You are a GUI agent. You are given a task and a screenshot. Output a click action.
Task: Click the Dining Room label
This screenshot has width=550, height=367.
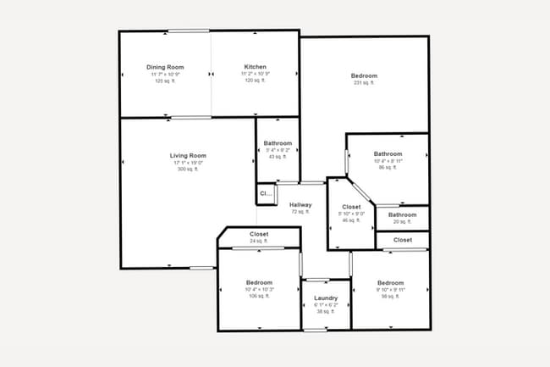pyautogui.click(x=165, y=67)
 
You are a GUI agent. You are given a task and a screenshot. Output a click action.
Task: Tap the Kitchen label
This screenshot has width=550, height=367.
pyautogui.click(x=256, y=67)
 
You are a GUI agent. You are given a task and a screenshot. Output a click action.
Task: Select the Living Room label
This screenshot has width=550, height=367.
pyautogui.click(x=187, y=156)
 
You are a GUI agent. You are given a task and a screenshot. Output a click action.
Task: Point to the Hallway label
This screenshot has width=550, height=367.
pyautogui.click(x=300, y=205)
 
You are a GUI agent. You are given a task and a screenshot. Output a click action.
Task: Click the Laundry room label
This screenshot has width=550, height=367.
pyautogui.click(x=326, y=298)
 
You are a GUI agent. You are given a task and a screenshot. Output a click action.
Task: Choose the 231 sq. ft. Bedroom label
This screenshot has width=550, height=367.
pyautogui.click(x=364, y=75)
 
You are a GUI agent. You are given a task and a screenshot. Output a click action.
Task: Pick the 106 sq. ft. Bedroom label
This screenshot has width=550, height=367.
pyautogui.click(x=259, y=282)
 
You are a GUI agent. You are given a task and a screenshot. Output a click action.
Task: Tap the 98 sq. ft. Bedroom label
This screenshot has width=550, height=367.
pyautogui.click(x=391, y=282)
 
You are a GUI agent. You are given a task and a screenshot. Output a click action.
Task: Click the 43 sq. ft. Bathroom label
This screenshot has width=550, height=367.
pyautogui.click(x=278, y=143)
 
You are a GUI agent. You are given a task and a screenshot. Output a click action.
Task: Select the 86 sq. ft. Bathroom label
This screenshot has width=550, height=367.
pyautogui.click(x=388, y=154)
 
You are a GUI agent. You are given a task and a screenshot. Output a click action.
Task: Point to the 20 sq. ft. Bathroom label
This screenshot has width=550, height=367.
pyautogui.click(x=403, y=214)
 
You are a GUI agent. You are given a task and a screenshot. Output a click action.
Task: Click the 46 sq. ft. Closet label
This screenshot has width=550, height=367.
pyautogui.click(x=351, y=207)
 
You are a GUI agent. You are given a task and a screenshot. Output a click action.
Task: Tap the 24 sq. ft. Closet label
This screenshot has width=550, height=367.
pyautogui.click(x=259, y=234)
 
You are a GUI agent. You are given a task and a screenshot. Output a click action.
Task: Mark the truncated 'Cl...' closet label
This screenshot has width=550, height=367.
pyautogui.click(x=266, y=194)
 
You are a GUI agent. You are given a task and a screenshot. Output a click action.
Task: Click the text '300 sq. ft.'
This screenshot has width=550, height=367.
pyautogui.click(x=187, y=170)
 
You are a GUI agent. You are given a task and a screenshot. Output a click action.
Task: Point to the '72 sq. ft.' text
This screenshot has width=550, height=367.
pyautogui.click(x=300, y=212)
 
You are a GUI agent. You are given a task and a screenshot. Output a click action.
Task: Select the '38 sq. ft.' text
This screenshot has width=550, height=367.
pyautogui.click(x=326, y=312)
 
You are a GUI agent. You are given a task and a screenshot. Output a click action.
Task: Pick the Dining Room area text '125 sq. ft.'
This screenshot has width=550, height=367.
pyautogui.click(x=165, y=81)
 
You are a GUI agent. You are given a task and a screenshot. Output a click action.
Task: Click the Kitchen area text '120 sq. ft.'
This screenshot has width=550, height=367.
pyautogui.click(x=256, y=81)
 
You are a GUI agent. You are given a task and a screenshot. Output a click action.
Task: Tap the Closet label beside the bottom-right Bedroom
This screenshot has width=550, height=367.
pyautogui.click(x=403, y=240)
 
